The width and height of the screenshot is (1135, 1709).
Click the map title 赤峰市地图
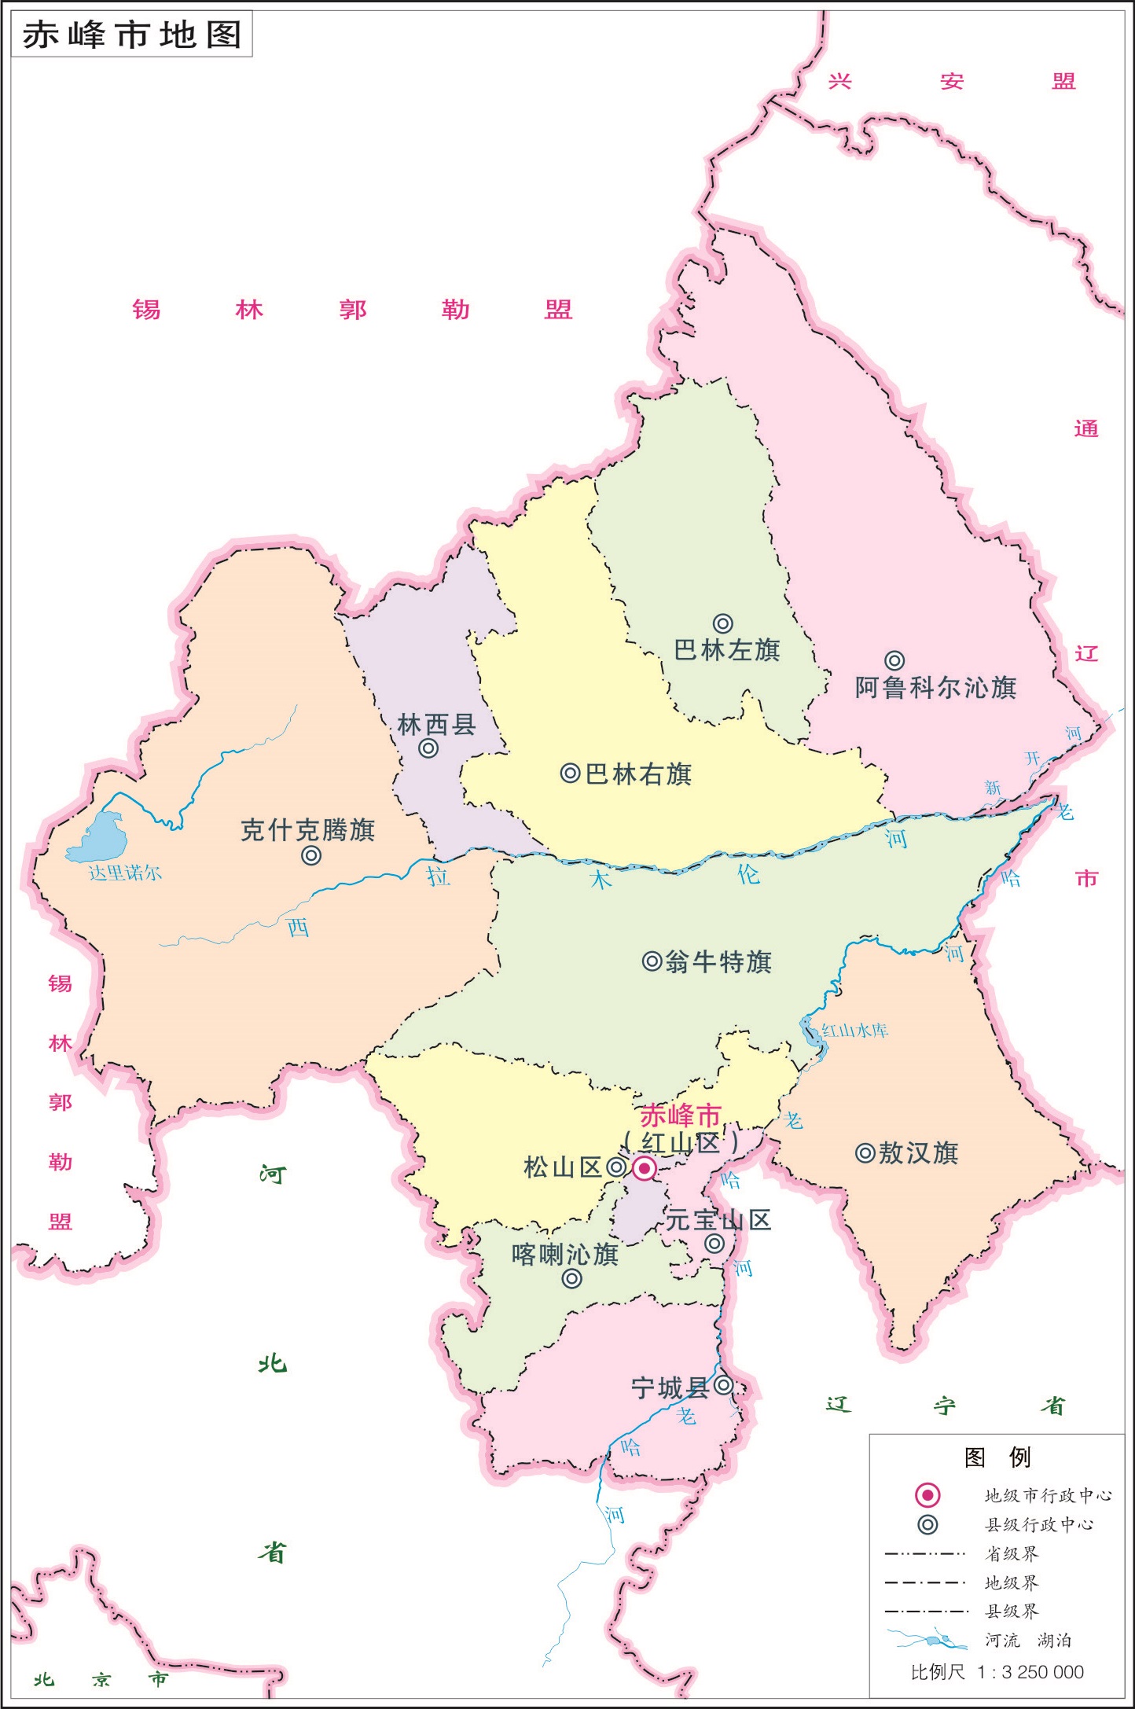pyautogui.click(x=131, y=35)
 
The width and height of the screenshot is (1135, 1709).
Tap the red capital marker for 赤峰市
pyautogui.click(x=645, y=1169)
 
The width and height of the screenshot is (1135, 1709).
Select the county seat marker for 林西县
pyautogui.click(x=428, y=748)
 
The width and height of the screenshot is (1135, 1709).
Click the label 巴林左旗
pyautogui.click(x=727, y=650)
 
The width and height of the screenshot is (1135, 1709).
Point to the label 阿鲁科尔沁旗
pyautogui.click(x=935, y=688)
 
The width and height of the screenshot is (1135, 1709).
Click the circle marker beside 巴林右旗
pyautogui.click(x=570, y=774)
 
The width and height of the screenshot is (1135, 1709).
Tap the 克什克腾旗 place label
pyautogui.click(x=307, y=830)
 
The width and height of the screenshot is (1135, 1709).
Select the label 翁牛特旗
pyautogui.click(x=718, y=961)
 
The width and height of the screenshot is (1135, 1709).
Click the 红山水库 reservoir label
pyautogui.click(x=854, y=1031)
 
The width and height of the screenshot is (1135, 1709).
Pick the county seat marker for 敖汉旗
pyautogui.click(x=865, y=1153)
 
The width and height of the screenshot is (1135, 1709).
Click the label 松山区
pyautogui.click(x=562, y=1167)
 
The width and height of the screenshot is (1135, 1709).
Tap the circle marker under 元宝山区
pyautogui.click(x=714, y=1244)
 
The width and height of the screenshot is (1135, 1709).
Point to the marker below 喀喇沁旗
pyautogui.click(x=572, y=1279)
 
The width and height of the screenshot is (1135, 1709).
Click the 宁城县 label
pyautogui.click(x=670, y=1388)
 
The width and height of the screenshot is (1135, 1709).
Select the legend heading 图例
pyautogui.click(x=997, y=1457)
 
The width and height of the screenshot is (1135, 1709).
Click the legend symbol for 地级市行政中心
pyautogui.click(x=927, y=1494)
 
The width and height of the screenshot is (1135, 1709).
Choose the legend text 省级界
pyautogui.click(x=1012, y=1553)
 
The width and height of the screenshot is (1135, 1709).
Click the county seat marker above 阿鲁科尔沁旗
pyautogui.click(x=894, y=660)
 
